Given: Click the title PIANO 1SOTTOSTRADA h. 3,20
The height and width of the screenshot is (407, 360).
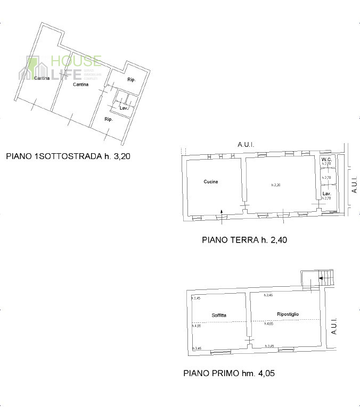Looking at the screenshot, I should tap(68, 156).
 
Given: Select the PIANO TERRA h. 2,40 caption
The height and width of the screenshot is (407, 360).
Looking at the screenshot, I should tap(244, 240).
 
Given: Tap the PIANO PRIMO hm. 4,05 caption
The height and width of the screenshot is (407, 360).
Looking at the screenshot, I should tap(229, 373).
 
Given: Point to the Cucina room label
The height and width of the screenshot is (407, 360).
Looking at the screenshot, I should tap(211, 182).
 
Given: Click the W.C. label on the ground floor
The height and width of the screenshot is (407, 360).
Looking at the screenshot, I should tap(327, 160).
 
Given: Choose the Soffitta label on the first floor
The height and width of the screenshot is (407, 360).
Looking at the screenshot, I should tap(218, 315).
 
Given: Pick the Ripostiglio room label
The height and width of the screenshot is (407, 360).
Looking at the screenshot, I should tap(288, 314).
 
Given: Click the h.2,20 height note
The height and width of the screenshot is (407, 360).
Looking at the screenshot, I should tap(275, 185).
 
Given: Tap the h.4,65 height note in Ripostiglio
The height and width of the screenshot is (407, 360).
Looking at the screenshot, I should tap(268, 324).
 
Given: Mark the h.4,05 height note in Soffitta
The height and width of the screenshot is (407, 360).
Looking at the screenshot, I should tap(196, 326).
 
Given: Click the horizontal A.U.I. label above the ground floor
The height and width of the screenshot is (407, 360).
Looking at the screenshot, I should tap(246, 145).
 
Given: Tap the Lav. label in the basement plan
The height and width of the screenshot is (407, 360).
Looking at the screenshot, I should tap(124, 108).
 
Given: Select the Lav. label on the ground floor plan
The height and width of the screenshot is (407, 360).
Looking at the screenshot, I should tap(326, 193).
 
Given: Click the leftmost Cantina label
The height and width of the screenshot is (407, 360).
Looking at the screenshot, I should tap(42, 79).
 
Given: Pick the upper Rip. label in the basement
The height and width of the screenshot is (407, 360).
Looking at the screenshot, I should tap(131, 80).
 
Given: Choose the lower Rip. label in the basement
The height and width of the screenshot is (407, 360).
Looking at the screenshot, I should tap(108, 119).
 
